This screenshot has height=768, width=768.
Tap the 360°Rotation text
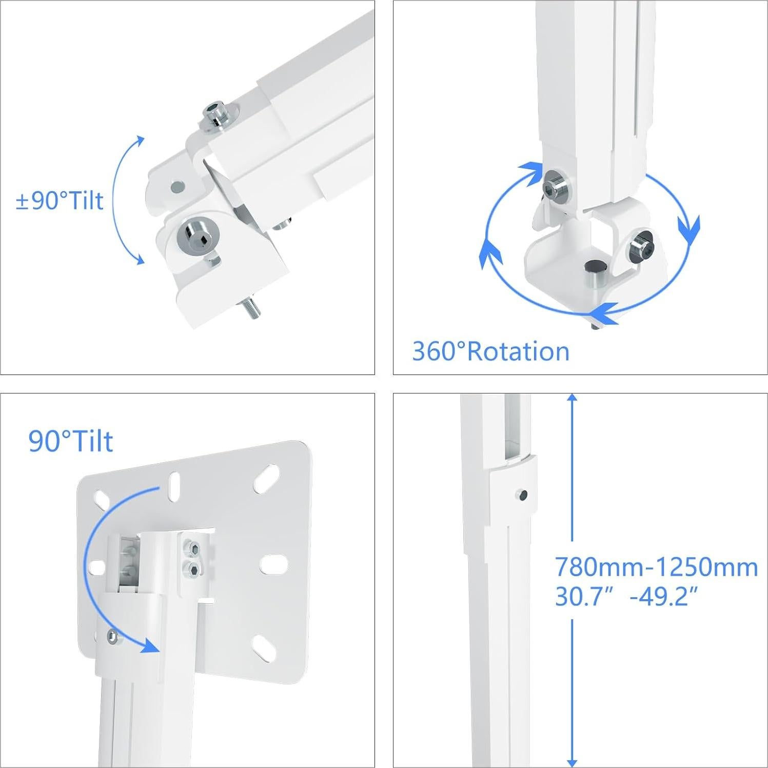coord(490,351)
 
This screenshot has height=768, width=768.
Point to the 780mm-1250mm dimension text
coord(656,567)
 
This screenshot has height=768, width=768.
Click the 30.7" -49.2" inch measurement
coord(626,597)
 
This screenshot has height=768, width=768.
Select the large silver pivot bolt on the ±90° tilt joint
coord(197,234)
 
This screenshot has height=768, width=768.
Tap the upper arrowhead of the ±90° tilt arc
coord(140,141)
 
